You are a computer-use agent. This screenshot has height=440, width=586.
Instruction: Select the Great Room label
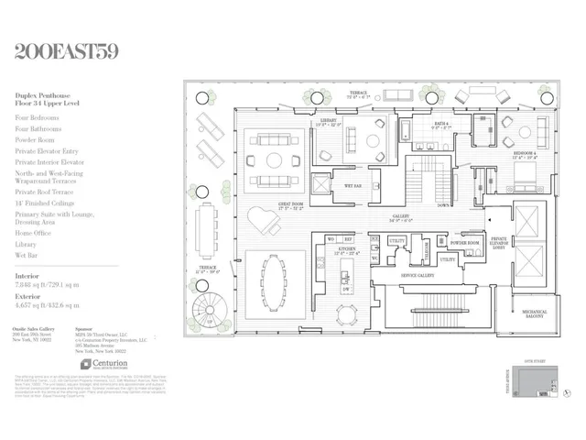point(291,204)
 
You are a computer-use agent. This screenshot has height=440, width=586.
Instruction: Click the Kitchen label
point(350,248)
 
